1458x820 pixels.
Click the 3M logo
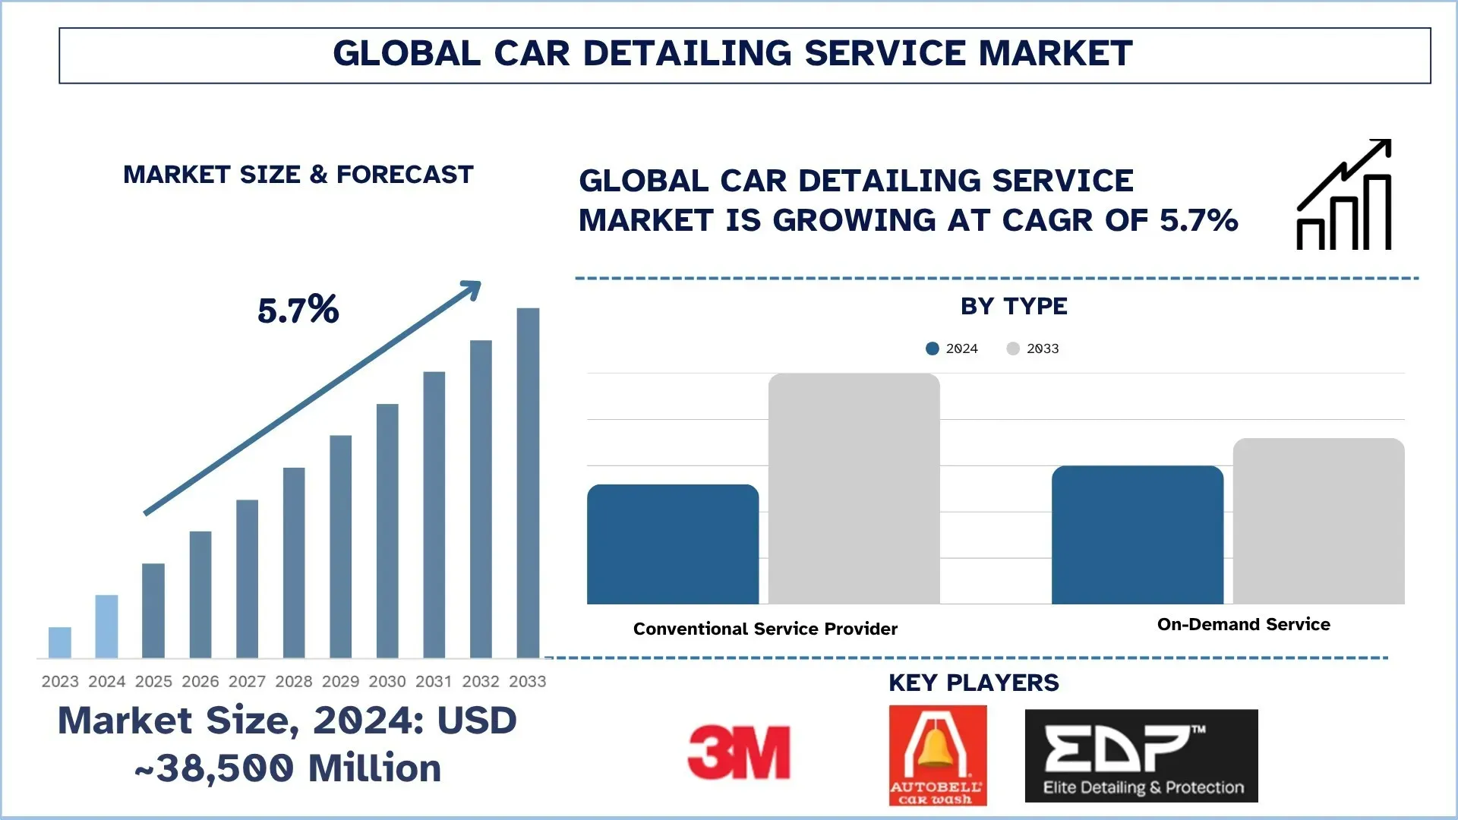coord(738,752)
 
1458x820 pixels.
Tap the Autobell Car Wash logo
coord(938,755)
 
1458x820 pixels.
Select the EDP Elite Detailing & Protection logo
coord(1141,755)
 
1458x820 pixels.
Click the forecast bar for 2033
coord(528,482)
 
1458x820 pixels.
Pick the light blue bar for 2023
coord(60,642)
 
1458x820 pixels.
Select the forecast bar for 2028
coord(294,562)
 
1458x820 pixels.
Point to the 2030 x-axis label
coord(387,682)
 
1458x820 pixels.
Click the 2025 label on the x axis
coord(153,682)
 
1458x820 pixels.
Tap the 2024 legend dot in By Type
coord(933,348)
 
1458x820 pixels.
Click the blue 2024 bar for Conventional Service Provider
coord(673,544)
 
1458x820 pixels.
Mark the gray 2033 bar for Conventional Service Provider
coord(854,489)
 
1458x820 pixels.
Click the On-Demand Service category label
coord(1243,625)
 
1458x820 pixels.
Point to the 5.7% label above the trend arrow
coord(298,310)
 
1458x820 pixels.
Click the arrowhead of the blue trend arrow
coord(472,289)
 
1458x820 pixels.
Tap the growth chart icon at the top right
coord(1343,195)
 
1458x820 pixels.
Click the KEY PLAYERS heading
coord(974,683)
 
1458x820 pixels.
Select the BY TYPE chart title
coord(1014,306)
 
